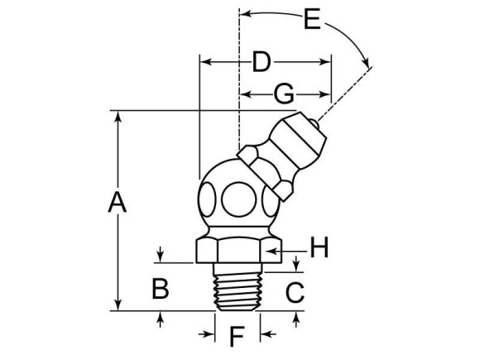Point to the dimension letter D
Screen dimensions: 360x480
[x=262, y=61]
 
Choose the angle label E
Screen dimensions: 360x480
[x=311, y=18]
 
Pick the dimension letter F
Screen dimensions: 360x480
[x=237, y=337]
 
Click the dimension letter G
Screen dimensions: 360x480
[x=283, y=94]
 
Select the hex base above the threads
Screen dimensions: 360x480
[x=237, y=248]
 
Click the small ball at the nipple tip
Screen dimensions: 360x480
[x=316, y=125]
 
